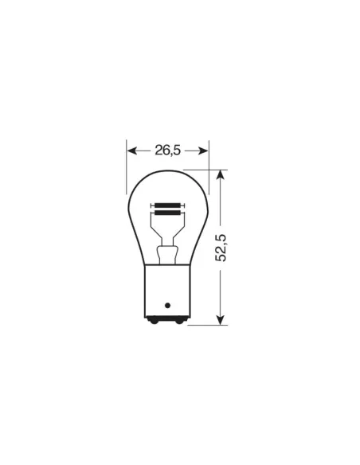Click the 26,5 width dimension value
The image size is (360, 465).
(167, 149)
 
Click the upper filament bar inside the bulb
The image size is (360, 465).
(167, 205)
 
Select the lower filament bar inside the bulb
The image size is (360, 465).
(167, 213)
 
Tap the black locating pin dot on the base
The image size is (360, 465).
(167, 304)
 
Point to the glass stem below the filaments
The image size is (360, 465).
(167, 255)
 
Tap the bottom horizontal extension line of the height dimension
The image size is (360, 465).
(207, 324)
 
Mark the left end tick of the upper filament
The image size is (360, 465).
(153, 205)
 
